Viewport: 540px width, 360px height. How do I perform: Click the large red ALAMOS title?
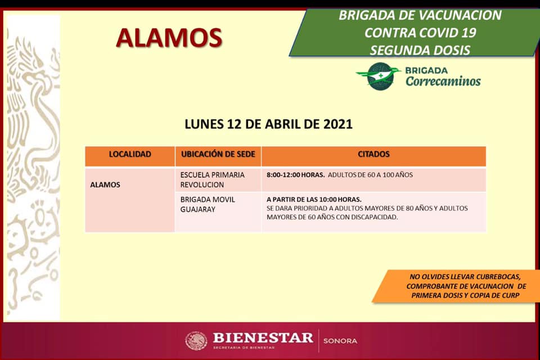click(x=169, y=38)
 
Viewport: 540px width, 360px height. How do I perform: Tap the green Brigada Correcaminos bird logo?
click(x=379, y=76)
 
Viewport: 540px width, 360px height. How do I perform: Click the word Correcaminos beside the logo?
click(x=443, y=82)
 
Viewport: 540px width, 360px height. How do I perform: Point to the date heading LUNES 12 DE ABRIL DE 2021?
click(x=269, y=124)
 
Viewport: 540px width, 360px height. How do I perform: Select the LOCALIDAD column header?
click(x=130, y=154)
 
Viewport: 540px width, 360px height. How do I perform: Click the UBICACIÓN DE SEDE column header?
click(x=218, y=154)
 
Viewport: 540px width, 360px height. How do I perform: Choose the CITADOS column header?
click(x=373, y=154)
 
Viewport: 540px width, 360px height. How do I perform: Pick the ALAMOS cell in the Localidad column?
click(x=105, y=185)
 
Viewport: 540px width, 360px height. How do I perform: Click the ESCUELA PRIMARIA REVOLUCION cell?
click(x=213, y=180)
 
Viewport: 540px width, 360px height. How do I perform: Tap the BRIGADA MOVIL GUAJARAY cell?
click(x=208, y=204)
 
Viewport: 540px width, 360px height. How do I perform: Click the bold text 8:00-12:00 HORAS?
click(x=295, y=175)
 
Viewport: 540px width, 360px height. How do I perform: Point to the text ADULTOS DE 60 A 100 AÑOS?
click(x=370, y=175)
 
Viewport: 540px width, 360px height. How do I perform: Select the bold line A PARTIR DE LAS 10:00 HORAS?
click(x=314, y=200)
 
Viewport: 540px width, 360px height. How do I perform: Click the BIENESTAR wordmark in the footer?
click(x=263, y=337)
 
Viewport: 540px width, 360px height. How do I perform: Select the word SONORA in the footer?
click(x=340, y=341)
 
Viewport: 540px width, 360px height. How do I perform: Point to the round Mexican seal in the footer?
click(x=196, y=341)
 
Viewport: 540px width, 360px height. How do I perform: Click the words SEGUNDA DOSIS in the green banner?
click(x=420, y=51)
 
